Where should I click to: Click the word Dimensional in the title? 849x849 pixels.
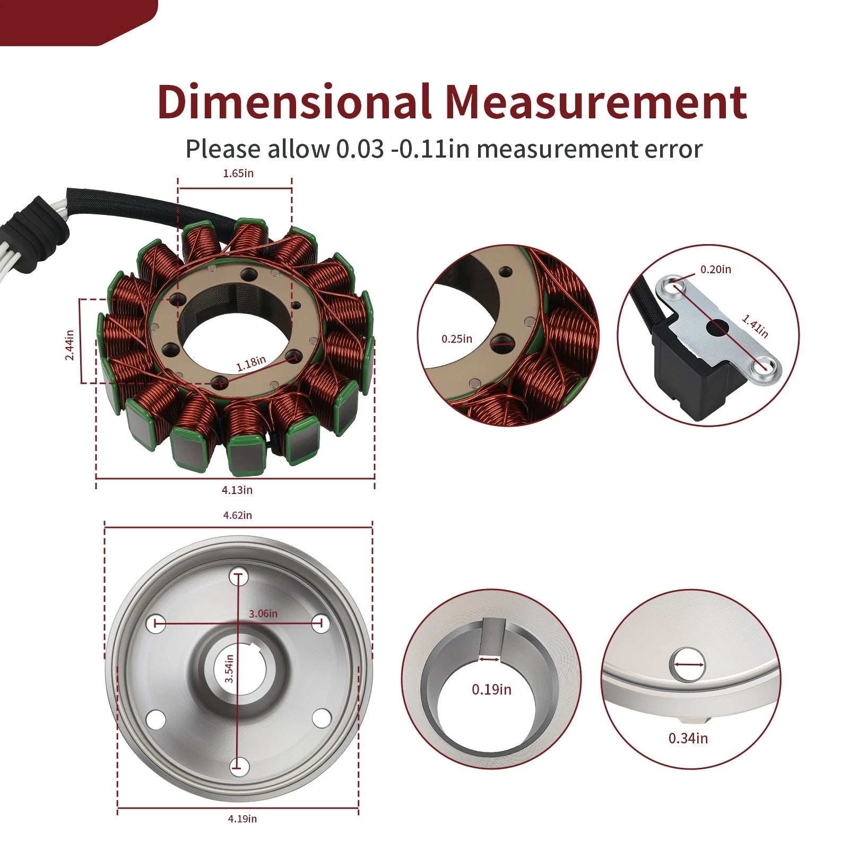click(294, 101)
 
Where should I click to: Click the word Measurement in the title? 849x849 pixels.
click(596, 101)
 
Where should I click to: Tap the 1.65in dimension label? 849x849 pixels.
click(238, 174)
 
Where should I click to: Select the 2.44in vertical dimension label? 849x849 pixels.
click(70, 345)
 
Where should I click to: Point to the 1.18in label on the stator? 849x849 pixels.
click(251, 363)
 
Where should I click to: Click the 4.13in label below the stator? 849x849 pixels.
click(237, 490)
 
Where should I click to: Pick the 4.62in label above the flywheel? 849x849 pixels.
click(237, 515)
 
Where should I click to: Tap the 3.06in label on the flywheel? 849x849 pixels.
click(263, 613)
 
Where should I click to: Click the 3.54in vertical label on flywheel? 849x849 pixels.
click(229, 668)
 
